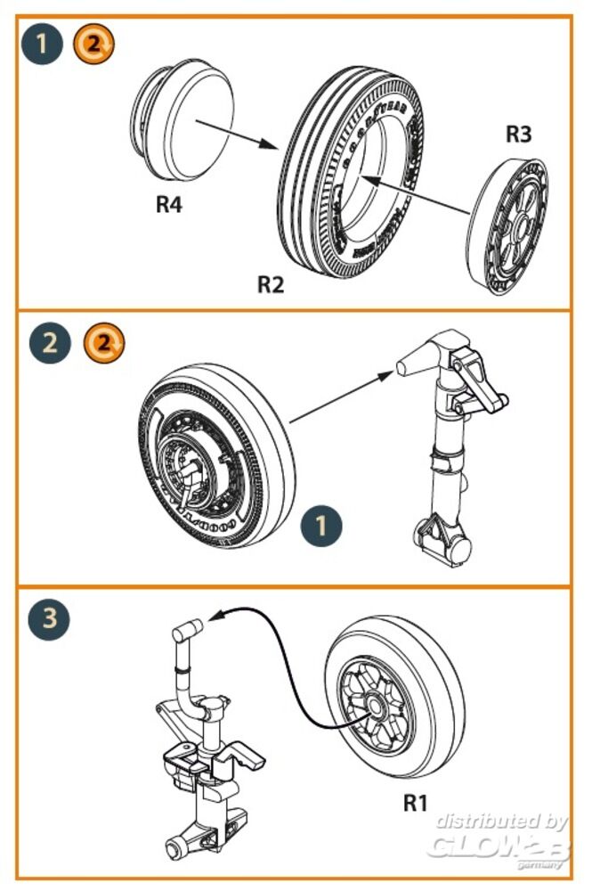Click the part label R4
click(169, 204)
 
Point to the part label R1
click(415, 803)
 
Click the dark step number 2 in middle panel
click(49, 343)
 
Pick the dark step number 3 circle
click(49, 619)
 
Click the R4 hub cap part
click(183, 125)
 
